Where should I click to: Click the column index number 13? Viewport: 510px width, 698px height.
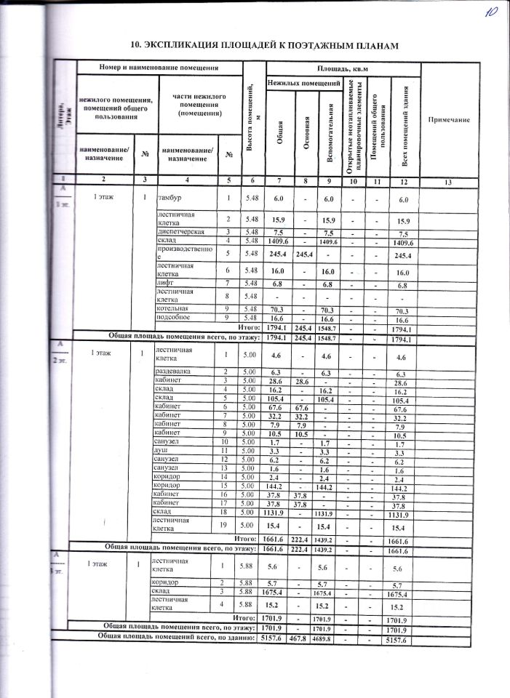click(448, 182)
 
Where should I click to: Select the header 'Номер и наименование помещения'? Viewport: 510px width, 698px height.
click(159, 67)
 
